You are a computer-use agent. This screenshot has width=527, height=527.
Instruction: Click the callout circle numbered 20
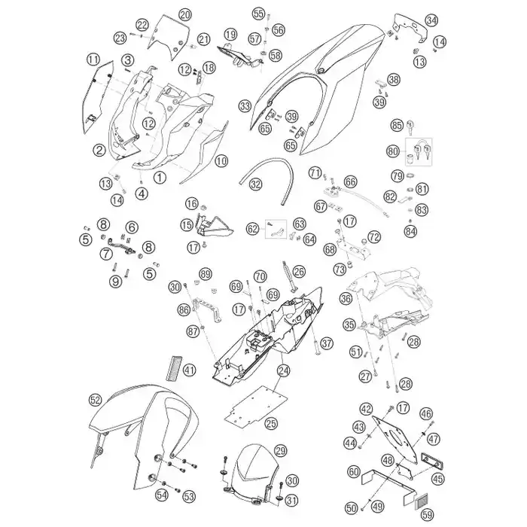coord(185,15)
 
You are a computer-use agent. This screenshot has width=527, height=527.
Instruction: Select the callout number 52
coord(95,400)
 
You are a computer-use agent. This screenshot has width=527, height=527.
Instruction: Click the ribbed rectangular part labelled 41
coord(174,369)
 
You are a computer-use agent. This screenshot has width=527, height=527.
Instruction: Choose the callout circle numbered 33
coord(245,107)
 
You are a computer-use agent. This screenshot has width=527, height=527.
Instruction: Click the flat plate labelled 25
coord(256,405)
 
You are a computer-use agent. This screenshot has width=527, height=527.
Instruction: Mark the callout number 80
coord(393,151)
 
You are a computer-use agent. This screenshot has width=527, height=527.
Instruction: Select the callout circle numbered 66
coord(350,182)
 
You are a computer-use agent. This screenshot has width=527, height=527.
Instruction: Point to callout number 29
coord(280,451)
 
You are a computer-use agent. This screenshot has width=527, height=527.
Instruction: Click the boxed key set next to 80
coord(419,152)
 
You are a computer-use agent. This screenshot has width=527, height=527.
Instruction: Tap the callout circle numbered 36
coord(346,298)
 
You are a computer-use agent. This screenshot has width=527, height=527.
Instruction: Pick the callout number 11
coord(93,59)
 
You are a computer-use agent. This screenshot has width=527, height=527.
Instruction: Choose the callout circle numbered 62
coord(253,229)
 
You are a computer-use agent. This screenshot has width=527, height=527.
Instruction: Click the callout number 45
coord(438,479)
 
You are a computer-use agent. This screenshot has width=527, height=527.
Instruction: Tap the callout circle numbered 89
coord(206,274)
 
